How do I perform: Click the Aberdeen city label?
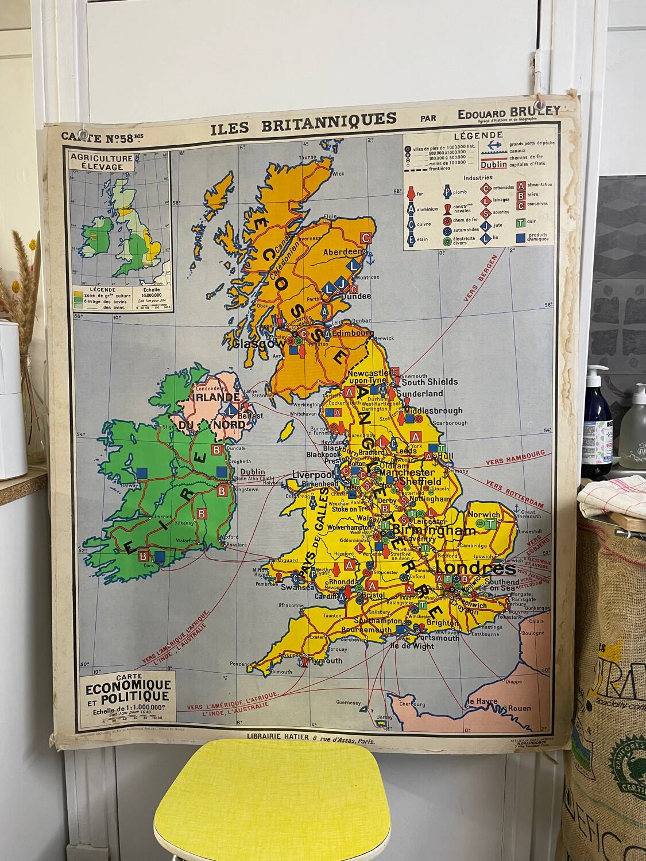pos(343,252)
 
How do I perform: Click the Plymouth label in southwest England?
pos(325,660)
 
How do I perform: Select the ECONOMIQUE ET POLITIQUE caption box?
pos(127,692)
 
